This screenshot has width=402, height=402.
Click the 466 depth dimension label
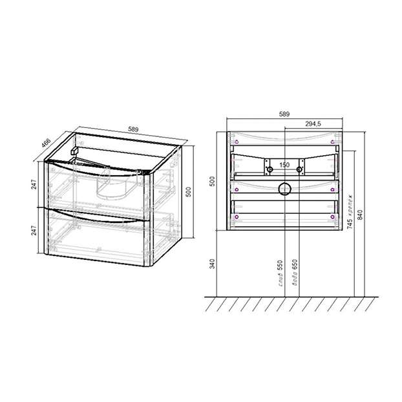click(x=47, y=143)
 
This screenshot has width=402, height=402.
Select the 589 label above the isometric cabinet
click(x=133, y=129)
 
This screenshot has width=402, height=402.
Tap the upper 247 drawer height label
click(x=34, y=184)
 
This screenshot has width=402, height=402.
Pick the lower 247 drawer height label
click(x=34, y=230)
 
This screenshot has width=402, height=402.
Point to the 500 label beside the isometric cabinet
click(x=189, y=192)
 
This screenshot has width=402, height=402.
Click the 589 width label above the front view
click(x=284, y=114)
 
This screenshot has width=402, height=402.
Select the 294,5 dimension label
click(x=313, y=124)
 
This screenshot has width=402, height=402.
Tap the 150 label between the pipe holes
click(x=284, y=165)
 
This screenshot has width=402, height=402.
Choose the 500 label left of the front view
click(x=213, y=182)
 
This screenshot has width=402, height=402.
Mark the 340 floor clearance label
click(x=213, y=264)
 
